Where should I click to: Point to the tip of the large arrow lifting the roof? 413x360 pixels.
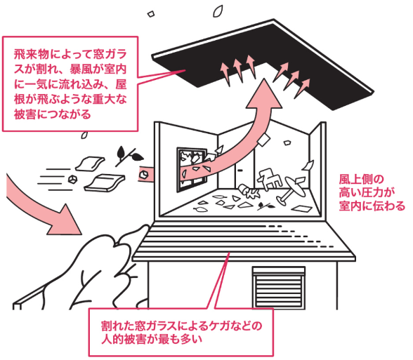264,79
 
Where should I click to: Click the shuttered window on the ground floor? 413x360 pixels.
279,287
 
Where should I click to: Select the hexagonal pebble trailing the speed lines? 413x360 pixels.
73,179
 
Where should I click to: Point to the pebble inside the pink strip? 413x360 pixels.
143,174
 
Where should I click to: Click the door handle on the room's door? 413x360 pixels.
240,171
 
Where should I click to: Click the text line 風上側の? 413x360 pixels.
361,180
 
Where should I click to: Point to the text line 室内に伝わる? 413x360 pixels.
372,206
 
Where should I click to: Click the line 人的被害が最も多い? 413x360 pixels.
152,339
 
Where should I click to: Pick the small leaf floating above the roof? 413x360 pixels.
218,11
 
